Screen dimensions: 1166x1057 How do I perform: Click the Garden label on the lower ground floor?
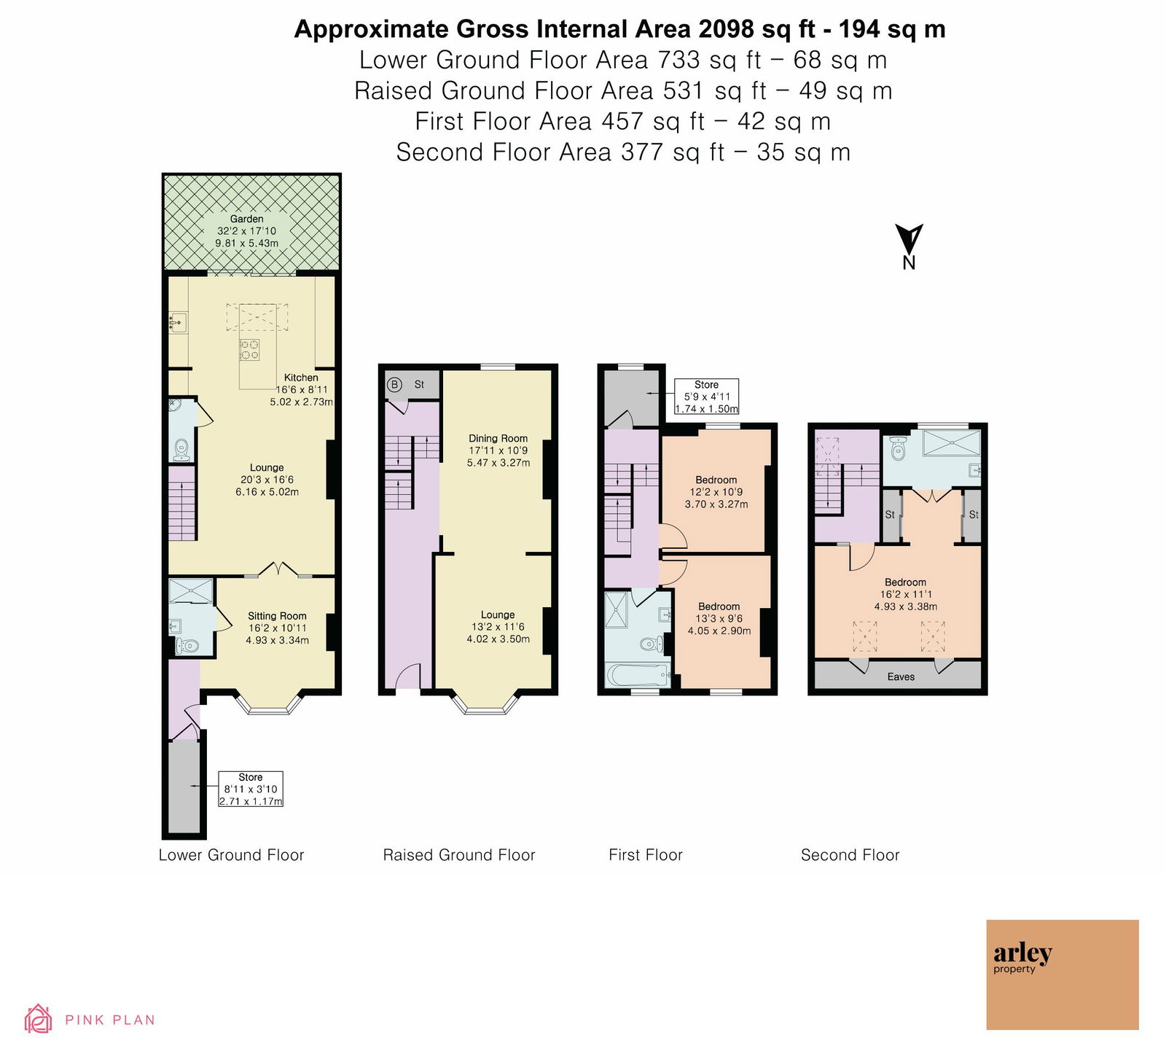tap(247, 219)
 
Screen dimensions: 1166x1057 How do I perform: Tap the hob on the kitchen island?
tap(250, 350)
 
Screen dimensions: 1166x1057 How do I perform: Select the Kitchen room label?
tap(301, 378)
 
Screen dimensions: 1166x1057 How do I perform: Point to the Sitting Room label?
tap(277, 616)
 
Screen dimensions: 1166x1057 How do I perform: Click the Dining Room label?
tap(498, 438)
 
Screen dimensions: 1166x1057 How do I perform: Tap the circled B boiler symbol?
tap(394, 384)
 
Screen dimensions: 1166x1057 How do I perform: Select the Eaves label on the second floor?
tap(901, 676)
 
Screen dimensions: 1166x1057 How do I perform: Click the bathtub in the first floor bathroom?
tap(636, 675)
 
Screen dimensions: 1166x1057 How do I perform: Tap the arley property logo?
tap(1063, 974)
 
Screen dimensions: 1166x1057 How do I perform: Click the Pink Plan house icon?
tap(38, 1019)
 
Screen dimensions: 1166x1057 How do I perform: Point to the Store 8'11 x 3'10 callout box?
tap(251, 789)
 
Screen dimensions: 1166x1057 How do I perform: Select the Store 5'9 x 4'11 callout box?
tap(707, 397)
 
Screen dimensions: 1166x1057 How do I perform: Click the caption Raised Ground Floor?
tap(459, 855)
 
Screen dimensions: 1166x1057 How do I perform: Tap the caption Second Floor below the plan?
tap(850, 855)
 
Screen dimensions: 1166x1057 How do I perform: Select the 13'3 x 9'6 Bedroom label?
tap(719, 618)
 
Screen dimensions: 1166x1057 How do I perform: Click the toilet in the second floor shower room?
tap(898, 448)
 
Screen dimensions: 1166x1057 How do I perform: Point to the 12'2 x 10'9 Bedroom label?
tap(716, 492)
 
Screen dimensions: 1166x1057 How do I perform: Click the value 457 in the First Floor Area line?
tap(624, 121)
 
